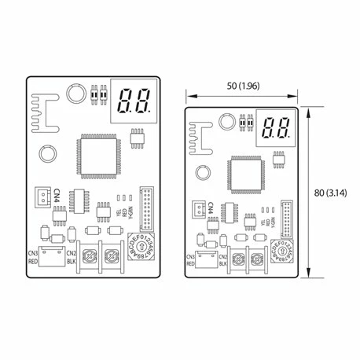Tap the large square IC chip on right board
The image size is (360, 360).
(x=244, y=174)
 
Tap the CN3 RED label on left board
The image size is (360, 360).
(x=34, y=256)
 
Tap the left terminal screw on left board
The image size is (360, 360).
(x=90, y=256)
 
